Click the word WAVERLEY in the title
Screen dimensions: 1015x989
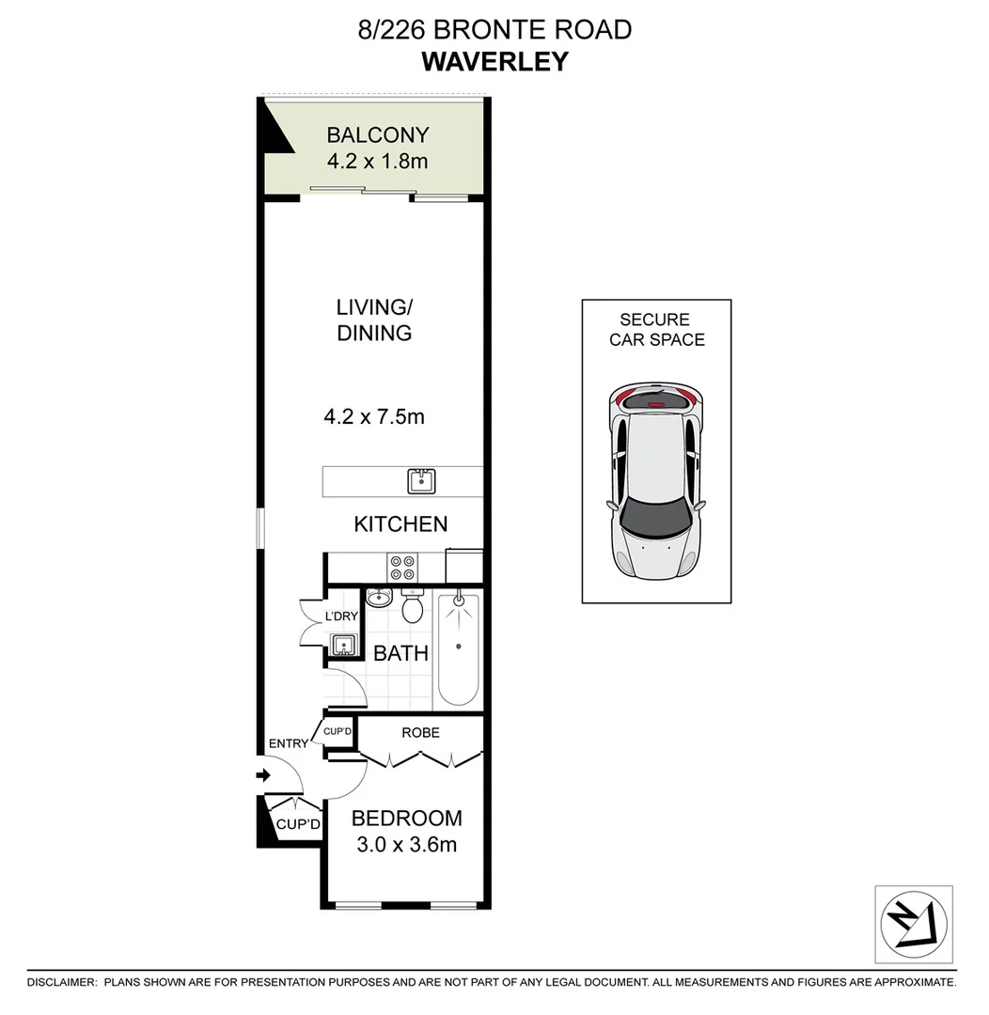(x=494, y=61)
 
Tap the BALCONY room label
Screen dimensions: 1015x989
(x=377, y=135)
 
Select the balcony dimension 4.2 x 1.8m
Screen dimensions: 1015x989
(x=377, y=161)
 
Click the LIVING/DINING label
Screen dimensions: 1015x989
(x=374, y=320)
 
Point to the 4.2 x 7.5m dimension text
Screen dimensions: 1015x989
(x=374, y=415)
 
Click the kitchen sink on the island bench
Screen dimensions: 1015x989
(x=420, y=482)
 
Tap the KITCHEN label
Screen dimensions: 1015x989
(x=400, y=524)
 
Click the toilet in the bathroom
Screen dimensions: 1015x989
(x=412, y=607)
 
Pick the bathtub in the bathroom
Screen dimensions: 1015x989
(x=459, y=649)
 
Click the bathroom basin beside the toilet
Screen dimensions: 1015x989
(x=379, y=597)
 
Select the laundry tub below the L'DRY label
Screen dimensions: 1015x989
(x=341, y=646)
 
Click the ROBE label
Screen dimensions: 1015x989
(x=420, y=732)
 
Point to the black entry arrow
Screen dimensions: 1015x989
(x=263, y=775)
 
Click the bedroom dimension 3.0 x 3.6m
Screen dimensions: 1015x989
(x=407, y=845)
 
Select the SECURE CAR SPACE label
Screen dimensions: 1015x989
(x=656, y=330)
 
